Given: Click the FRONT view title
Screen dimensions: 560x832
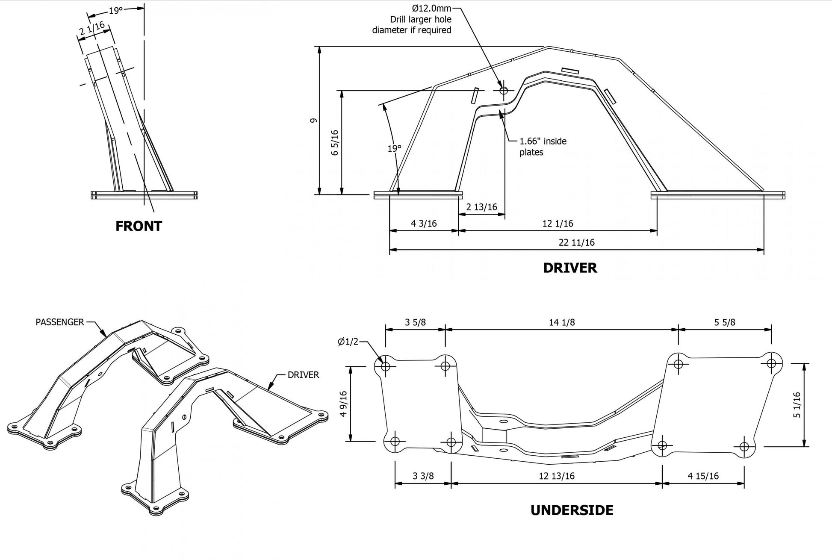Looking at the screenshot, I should pyautogui.click(x=139, y=226).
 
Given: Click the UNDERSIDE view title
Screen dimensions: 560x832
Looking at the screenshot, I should pyautogui.click(x=572, y=510).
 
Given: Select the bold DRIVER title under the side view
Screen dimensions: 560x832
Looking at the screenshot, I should pyautogui.click(x=570, y=268).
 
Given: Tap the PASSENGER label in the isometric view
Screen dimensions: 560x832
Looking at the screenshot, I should pyautogui.click(x=60, y=322).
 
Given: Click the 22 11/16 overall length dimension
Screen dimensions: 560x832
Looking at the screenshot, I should pyautogui.click(x=576, y=242).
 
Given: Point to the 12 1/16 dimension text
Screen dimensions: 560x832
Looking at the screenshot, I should pyautogui.click(x=558, y=223).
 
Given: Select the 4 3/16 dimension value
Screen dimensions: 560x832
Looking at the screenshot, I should pyautogui.click(x=424, y=223).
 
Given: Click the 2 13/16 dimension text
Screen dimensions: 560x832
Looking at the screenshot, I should pyautogui.click(x=481, y=207).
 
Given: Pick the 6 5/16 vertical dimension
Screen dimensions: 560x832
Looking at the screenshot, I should pyautogui.click(x=335, y=142).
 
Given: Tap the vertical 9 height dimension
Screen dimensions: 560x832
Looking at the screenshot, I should pyautogui.click(x=313, y=120).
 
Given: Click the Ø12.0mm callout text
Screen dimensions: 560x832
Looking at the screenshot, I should pyautogui.click(x=431, y=8).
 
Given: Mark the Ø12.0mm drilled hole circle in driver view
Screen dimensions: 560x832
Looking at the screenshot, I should pyautogui.click(x=504, y=90).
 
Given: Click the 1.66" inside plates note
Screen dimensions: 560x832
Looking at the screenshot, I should pyautogui.click(x=543, y=146).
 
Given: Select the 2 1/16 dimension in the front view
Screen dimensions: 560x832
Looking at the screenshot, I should pyautogui.click(x=92, y=29).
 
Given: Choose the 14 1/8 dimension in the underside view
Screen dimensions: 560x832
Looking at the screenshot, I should pyautogui.click(x=562, y=322).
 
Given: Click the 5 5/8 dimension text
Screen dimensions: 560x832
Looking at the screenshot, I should pyautogui.click(x=725, y=322).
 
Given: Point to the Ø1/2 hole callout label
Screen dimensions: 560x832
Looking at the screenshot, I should pyautogui.click(x=348, y=342).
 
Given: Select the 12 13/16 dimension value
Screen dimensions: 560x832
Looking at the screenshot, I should pyautogui.click(x=557, y=476).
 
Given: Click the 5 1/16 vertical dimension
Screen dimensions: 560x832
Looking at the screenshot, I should pyautogui.click(x=797, y=405).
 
